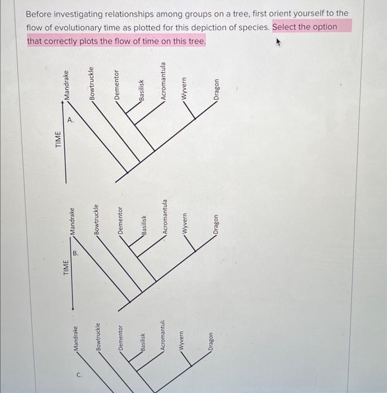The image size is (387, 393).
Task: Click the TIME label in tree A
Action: point(58,139)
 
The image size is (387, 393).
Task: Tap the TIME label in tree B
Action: point(66,268)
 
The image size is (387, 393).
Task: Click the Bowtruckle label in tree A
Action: point(92,84)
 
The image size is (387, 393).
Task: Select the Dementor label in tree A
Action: point(117,85)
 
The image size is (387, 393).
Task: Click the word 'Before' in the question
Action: point(40,12)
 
